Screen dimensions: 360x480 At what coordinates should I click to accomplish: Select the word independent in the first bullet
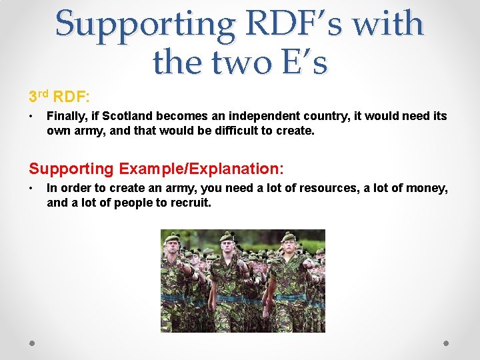pos(271,116)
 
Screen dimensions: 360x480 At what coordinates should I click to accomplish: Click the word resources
pos(319,188)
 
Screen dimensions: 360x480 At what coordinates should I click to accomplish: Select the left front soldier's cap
pos(173,238)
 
